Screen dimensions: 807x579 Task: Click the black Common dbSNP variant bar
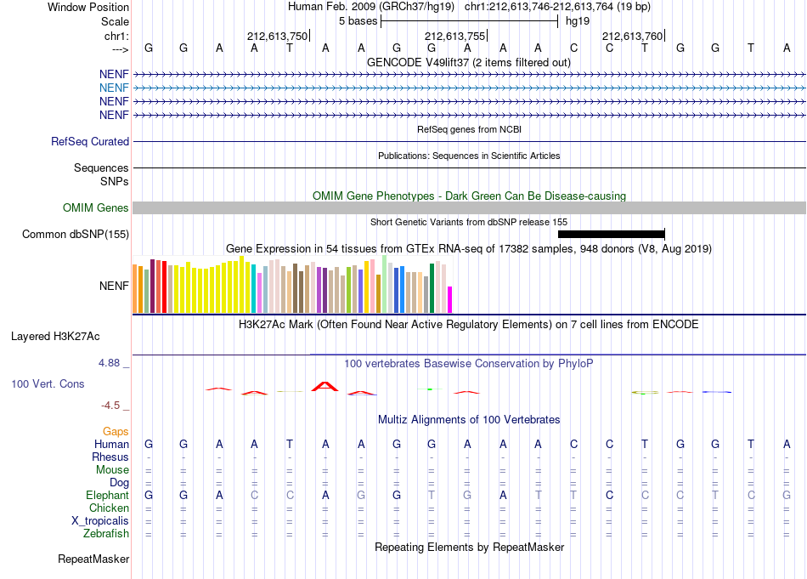pos(612,235)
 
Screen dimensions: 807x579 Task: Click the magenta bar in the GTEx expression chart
pos(450,300)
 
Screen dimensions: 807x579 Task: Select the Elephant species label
pos(107,495)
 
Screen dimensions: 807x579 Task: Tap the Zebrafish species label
pos(106,534)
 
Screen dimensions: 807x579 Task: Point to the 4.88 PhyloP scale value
pos(109,363)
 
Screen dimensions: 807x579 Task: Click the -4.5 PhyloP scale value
pos(110,406)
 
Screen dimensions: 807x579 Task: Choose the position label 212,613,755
pos(455,36)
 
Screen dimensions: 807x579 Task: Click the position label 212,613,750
pos(278,36)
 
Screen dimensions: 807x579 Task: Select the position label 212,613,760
pos(633,36)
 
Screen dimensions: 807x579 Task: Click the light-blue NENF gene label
pos(114,88)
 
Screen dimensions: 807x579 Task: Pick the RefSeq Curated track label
pos(90,142)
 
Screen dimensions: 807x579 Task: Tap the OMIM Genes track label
pos(96,207)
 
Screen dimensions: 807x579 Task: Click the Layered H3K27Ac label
pos(55,337)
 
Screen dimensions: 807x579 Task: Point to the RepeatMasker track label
pos(93,559)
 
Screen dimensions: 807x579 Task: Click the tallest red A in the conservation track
pos(324,386)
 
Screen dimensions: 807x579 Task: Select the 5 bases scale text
pos(358,21)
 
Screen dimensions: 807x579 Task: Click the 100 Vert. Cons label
pos(48,383)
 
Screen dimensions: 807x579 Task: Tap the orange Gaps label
pos(116,431)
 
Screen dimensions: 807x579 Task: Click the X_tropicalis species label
pos(100,521)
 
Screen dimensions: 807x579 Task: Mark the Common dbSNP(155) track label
pos(76,235)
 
